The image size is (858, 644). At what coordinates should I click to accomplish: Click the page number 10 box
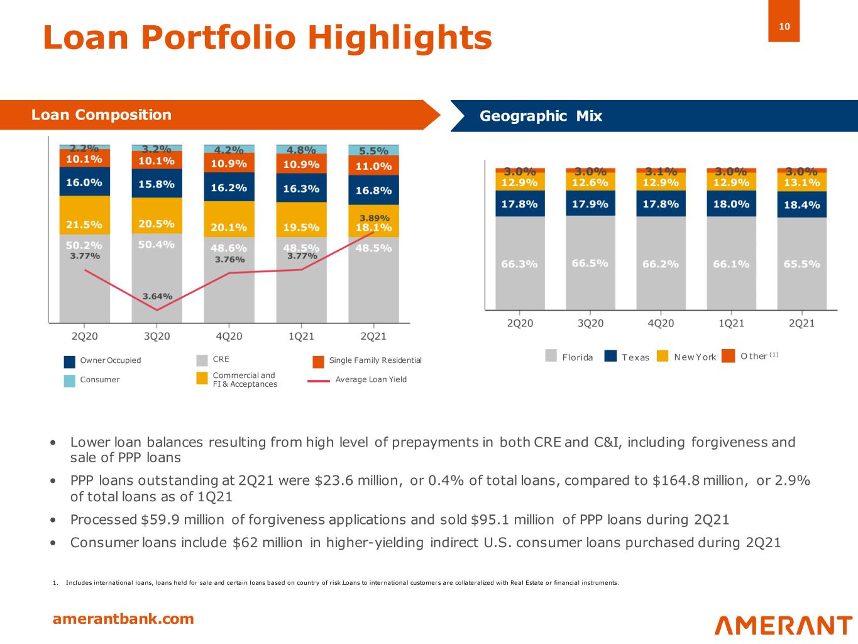(784, 26)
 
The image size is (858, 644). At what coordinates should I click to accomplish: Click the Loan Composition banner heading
(101, 115)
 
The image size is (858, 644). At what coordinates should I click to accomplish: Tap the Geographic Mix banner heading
(541, 116)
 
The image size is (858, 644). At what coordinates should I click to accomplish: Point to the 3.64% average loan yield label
(157, 296)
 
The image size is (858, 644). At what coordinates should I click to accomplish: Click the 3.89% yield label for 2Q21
(375, 218)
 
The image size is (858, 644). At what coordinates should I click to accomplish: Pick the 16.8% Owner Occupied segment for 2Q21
(373, 190)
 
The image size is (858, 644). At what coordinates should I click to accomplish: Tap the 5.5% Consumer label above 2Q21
(373, 151)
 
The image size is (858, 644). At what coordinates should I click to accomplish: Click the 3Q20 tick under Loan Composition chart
(157, 336)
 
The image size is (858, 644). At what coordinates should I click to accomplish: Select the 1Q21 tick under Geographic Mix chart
(731, 323)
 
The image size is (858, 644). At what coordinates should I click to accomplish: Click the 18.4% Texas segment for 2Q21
(801, 205)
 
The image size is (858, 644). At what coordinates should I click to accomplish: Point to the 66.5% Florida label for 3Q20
(590, 263)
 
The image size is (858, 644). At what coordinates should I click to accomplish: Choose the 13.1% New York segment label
(801, 182)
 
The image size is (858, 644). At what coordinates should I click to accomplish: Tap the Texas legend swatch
(610, 357)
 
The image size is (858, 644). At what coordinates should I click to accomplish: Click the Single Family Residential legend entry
(375, 360)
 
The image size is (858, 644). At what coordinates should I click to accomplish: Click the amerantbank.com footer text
(123, 619)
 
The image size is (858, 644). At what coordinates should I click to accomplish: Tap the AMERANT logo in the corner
(783, 625)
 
